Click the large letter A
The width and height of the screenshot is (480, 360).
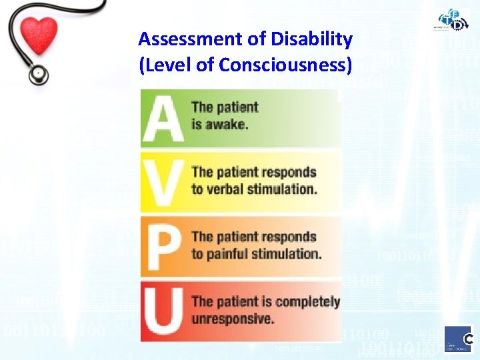(164, 118)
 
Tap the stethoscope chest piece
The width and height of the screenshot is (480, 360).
(39, 74)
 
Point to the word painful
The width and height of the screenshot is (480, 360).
(229, 253)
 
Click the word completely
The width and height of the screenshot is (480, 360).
(307, 302)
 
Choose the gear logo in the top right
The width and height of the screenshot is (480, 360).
(455, 21)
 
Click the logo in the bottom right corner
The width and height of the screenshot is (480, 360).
(459, 340)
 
